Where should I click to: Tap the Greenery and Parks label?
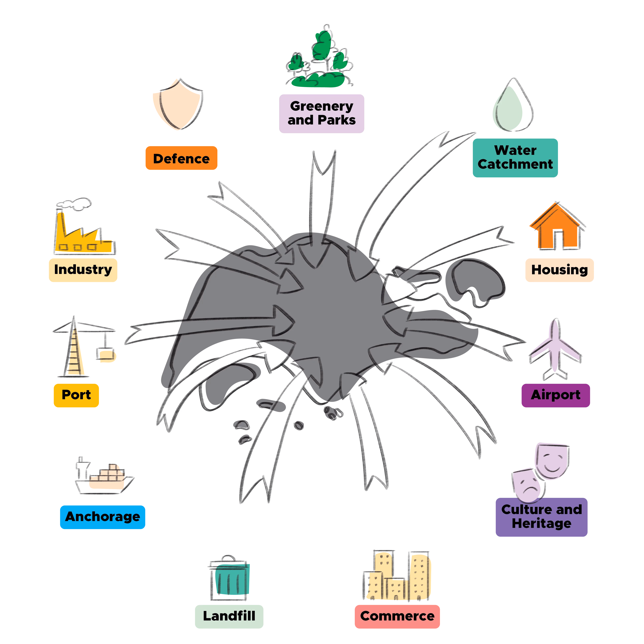pyautogui.click(x=321, y=113)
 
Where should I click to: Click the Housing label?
pyautogui.click(x=559, y=270)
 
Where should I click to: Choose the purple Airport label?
pyautogui.click(x=555, y=395)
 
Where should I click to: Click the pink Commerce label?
pyautogui.click(x=397, y=616)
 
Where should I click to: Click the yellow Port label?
pyautogui.click(x=76, y=395)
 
